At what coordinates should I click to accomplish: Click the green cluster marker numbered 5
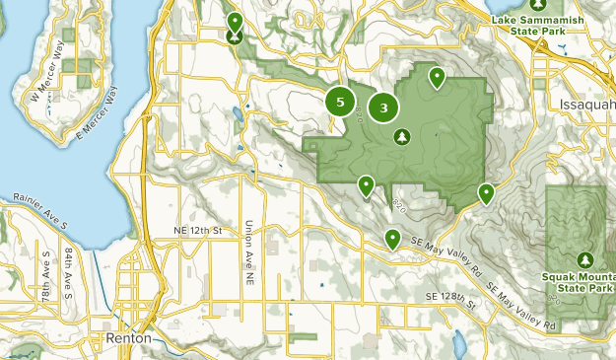pyautogui.click(x=340, y=102)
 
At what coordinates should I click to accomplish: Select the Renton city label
pyautogui.click(x=128, y=337)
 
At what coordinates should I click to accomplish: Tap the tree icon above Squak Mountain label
pyautogui.click(x=583, y=258)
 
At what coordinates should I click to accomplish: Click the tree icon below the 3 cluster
pyautogui.click(x=401, y=137)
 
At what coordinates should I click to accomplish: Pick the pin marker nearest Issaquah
pyautogui.click(x=486, y=193)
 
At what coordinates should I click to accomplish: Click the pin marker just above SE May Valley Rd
pyautogui.click(x=392, y=238)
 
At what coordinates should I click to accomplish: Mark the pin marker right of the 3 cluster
pyautogui.click(x=437, y=76)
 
